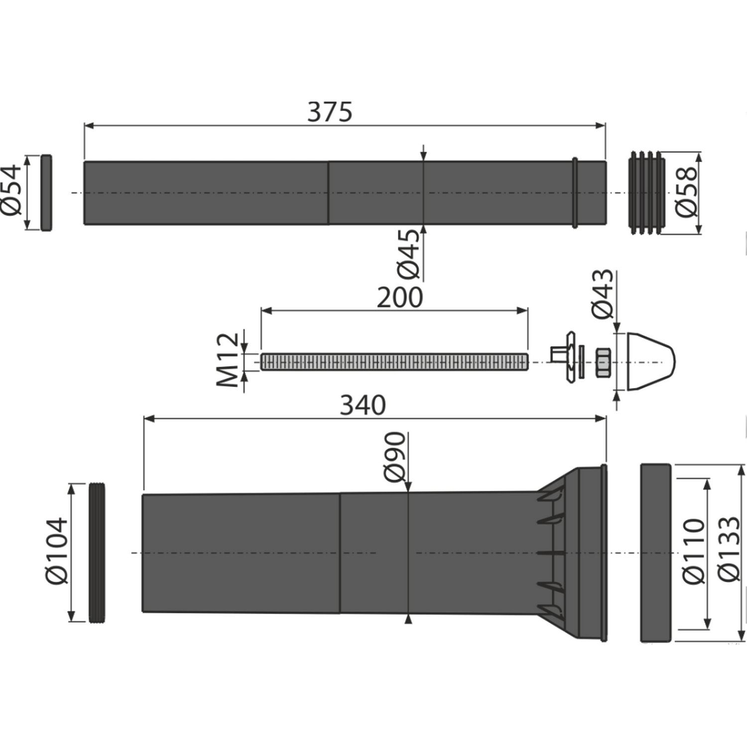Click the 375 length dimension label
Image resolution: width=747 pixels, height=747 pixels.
330,112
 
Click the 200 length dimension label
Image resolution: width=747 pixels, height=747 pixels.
399,297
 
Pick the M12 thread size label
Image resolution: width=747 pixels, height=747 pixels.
229,360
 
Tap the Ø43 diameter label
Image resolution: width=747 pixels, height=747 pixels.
603,294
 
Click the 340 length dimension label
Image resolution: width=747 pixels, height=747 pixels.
363,405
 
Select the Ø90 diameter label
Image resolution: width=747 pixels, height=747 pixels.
395,457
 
